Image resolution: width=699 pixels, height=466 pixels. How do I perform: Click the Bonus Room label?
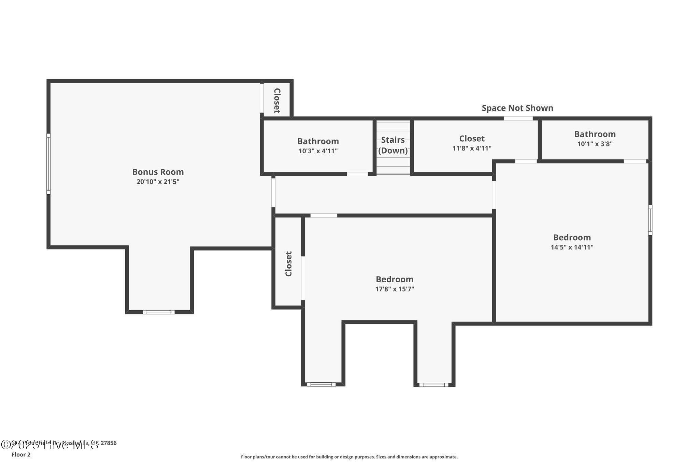[158, 172]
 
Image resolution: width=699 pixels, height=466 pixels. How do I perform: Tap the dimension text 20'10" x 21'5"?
[158, 182]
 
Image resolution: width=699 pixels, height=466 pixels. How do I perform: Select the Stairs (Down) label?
[393, 145]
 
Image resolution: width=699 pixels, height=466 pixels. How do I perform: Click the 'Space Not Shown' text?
[517, 108]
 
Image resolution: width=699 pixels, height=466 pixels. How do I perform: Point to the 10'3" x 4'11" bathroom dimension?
[318, 151]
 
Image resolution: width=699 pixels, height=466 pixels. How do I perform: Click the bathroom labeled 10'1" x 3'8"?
[595, 134]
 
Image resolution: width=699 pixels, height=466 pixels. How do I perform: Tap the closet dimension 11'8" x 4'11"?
[472, 148]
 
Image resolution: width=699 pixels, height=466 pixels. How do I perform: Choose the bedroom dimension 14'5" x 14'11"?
[572, 247]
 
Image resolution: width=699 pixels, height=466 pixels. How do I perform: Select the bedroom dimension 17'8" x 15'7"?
[395, 289]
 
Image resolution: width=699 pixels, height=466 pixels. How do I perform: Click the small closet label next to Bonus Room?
[277, 100]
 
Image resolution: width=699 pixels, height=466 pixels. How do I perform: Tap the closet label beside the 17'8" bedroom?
[289, 264]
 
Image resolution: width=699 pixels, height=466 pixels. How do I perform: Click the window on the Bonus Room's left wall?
[48, 164]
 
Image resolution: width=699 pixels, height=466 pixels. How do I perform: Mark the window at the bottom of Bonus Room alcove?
[159, 312]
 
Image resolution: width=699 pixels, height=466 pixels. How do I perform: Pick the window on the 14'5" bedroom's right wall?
[650, 220]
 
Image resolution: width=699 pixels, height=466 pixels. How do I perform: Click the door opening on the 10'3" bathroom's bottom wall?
[357, 174]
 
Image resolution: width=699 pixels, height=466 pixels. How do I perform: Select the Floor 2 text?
[21, 454]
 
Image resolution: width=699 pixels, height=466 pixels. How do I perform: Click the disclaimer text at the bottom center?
[349, 457]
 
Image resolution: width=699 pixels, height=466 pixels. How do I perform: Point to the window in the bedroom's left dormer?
[321, 384]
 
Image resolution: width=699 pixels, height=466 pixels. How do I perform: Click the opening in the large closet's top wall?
[518, 118]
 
